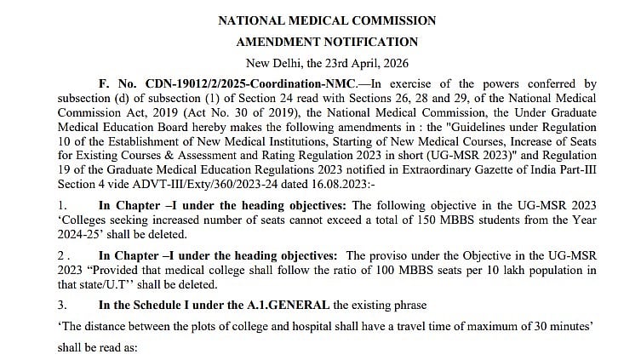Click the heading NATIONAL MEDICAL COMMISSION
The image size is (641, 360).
point(327,20)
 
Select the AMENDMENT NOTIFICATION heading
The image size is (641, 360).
point(327,41)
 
